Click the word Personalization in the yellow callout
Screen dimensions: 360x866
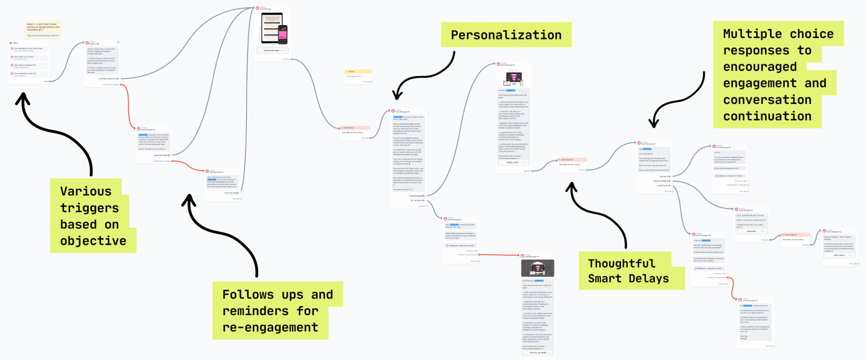(x=506, y=35)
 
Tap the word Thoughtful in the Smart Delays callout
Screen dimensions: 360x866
(x=621, y=263)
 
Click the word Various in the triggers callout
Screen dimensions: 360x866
(x=86, y=191)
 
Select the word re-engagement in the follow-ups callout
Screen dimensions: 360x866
(x=270, y=327)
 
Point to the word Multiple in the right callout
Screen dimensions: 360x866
(x=752, y=34)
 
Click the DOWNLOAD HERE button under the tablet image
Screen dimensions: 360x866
(x=271, y=50)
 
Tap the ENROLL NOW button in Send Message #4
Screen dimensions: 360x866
(x=512, y=162)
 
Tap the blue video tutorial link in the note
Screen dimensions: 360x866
(x=43, y=35)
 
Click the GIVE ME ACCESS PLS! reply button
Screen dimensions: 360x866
(x=108, y=79)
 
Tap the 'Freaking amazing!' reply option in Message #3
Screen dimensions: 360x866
(x=416, y=196)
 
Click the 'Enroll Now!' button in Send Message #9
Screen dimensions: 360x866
(x=751, y=231)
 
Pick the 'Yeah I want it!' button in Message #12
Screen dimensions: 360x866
(x=839, y=255)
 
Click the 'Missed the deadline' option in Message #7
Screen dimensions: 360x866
(x=661, y=181)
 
